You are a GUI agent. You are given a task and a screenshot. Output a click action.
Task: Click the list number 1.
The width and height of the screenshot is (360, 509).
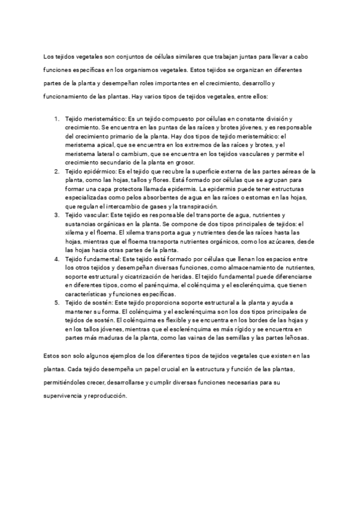56,120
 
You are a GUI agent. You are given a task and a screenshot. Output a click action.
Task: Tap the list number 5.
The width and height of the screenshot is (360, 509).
56,304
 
